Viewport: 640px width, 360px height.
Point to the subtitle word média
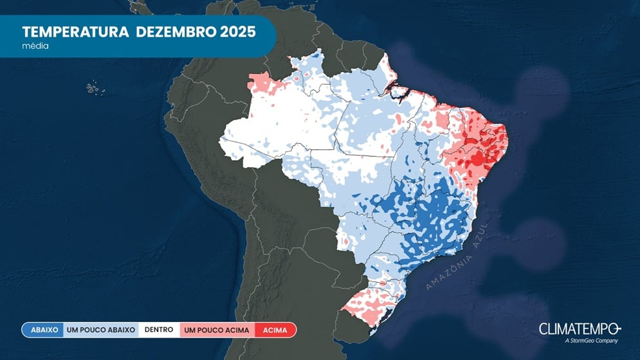tap(35, 46)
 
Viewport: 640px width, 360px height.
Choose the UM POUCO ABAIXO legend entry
tap(101, 330)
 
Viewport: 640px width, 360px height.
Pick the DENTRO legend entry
tap(158, 330)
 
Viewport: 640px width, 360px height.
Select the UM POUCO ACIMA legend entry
tap(217, 330)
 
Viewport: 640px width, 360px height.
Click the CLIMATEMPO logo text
tap(579, 328)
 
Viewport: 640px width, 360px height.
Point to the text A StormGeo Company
tap(590, 341)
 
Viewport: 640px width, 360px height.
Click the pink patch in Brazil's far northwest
tap(261, 82)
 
